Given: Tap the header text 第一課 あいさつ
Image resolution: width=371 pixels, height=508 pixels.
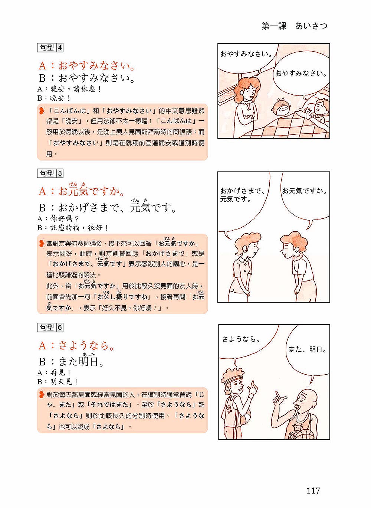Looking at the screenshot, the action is pos(295,26).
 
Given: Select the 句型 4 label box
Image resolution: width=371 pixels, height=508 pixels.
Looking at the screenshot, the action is pos(50,48).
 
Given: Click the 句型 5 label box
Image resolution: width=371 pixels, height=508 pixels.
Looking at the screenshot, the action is pos(50,173).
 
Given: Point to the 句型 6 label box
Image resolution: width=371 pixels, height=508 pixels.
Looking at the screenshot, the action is pos(50,328).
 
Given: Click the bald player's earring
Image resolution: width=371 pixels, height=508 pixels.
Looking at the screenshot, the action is pos(314,407).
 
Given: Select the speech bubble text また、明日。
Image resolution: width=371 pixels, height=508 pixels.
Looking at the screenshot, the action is pos(308,349).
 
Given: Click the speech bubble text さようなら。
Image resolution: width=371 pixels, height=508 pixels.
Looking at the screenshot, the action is pos(241,339).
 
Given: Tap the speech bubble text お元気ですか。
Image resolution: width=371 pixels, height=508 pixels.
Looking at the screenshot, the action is pos(304,191).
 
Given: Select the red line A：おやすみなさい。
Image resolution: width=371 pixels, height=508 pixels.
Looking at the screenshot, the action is pos(87,66).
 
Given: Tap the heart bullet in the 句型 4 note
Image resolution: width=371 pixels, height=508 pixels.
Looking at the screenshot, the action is pos(41,111).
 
